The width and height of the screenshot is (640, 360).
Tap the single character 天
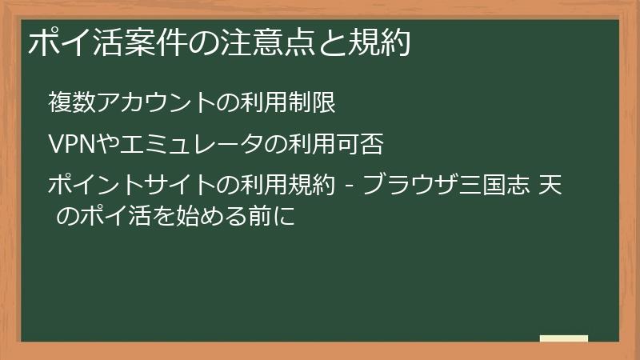pos(551,186)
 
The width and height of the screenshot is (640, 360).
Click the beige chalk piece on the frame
pos(563,338)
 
